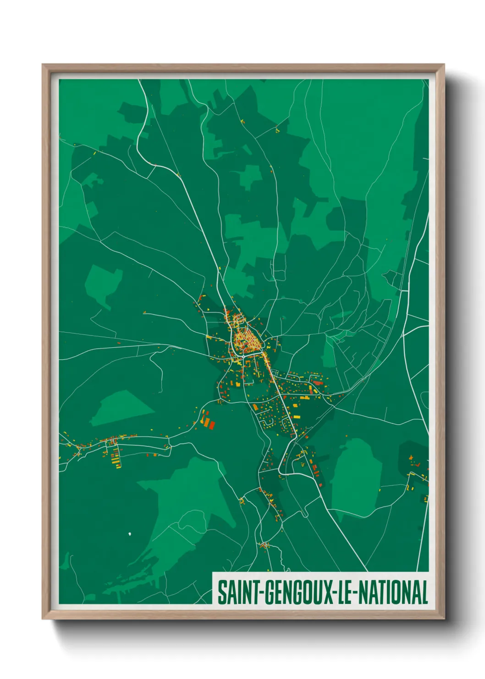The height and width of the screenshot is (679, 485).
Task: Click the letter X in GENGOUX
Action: (x=328, y=592)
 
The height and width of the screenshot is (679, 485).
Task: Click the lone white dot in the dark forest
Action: (x=130, y=534)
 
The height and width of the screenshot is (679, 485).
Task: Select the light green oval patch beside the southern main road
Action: (x=357, y=477)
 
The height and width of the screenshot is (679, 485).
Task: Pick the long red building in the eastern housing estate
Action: (x=317, y=382)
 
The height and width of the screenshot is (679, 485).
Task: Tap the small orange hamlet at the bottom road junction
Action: (x=265, y=545)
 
